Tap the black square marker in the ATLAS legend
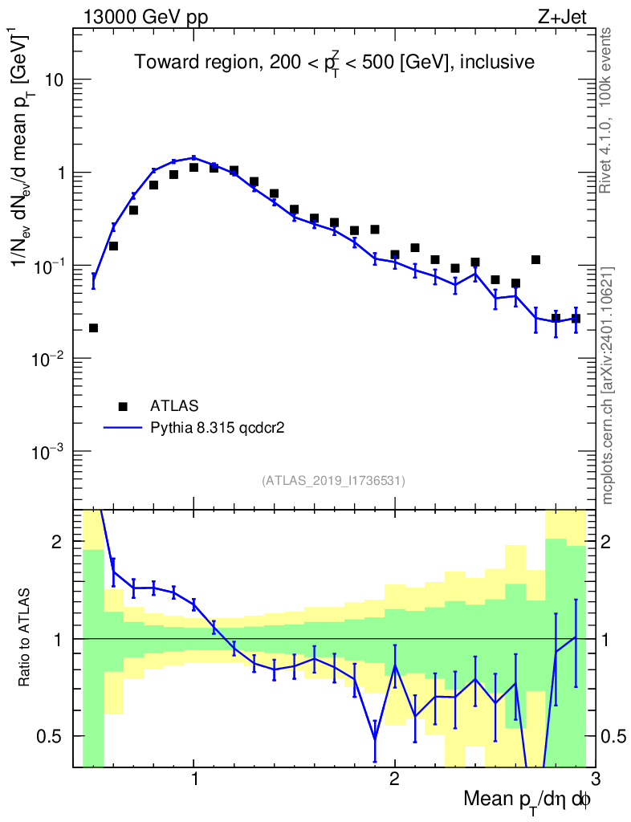coord(123,405)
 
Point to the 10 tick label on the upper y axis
coord(54,80)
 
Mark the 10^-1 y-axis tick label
coord(50,265)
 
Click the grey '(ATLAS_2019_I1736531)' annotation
coord(333,481)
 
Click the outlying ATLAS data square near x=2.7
coord(535,260)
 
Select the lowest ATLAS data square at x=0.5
coord(93,328)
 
